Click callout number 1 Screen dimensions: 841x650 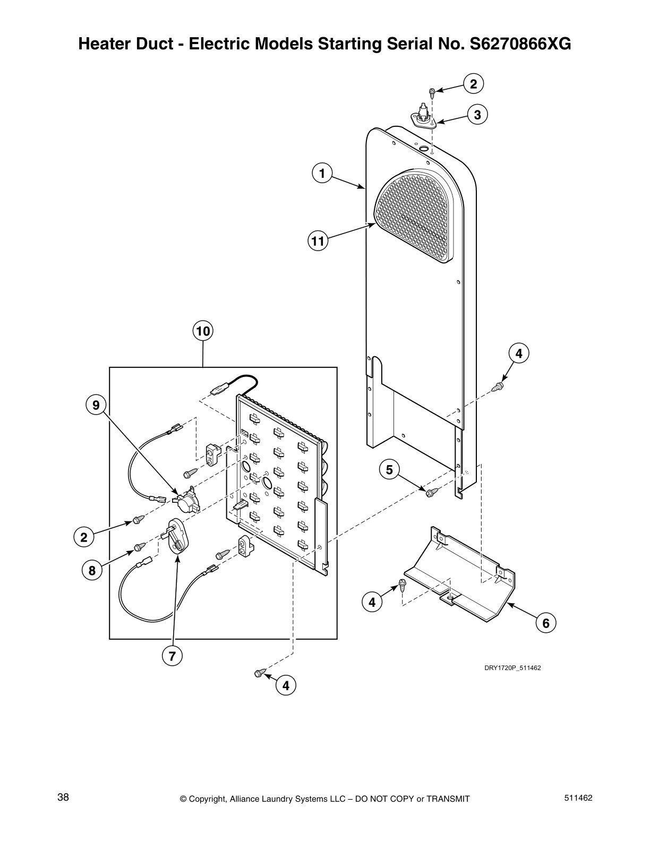(x=322, y=173)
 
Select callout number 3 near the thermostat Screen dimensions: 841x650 (x=477, y=115)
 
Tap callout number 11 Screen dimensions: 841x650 (x=318, y=241)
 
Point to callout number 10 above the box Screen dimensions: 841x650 (x=202, y=332)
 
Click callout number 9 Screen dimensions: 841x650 (x=96, y=406)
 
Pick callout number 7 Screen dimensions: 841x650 (x=172, y=656)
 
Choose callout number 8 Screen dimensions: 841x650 (x=92, y=571)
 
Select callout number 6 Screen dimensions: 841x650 (x=546, y=623)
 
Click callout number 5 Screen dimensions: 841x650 (x=389, y=470)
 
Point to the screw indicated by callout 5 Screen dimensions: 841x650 (x=431, y=493)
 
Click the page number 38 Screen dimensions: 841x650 (x=63, y=797)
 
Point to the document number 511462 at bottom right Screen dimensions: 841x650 (x=579, y=798)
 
